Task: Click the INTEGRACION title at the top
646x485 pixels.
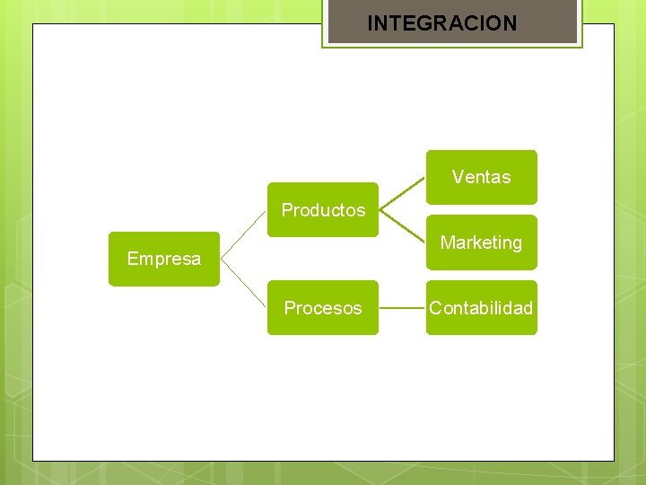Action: point(442,23)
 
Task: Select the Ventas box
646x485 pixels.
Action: point(481,177)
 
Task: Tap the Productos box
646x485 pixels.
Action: point(323,210)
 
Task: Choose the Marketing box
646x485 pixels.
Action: point(481,242)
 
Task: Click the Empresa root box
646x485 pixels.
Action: point(164,260)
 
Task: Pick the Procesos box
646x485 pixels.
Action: point(323,308)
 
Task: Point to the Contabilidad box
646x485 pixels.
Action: point(481,308)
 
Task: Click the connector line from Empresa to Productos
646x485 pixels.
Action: point(243,234)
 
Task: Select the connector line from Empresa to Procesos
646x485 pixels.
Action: point(243,284)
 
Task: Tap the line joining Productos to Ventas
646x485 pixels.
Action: point(402,193)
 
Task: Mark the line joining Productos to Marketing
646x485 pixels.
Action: point(402,226)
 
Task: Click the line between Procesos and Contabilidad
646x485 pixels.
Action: point(402,308)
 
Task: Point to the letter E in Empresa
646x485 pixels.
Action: point(133,260)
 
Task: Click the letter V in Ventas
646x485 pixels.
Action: point(458,177)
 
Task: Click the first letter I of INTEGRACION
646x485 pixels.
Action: point(370,23)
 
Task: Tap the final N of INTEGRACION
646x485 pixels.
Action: point(511,23)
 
